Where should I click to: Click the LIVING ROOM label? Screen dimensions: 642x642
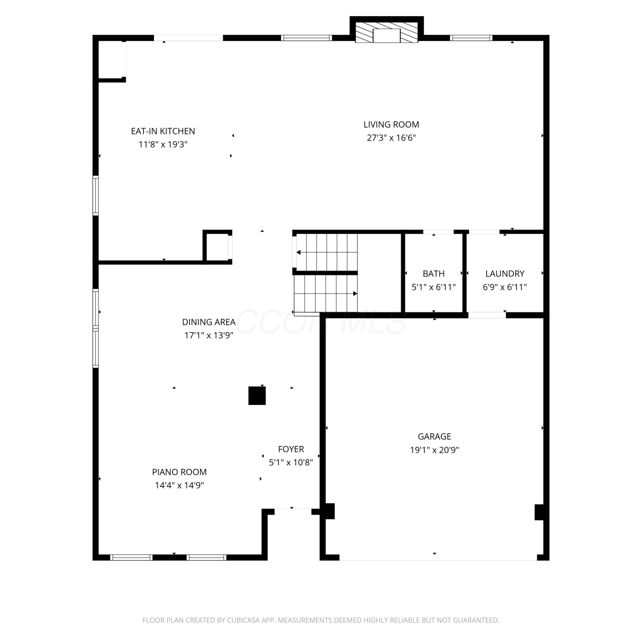(x=391, y=125)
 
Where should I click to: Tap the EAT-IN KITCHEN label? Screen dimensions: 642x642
(x=163, y=131)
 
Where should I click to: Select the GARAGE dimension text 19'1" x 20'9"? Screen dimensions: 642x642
(x=434, y=450)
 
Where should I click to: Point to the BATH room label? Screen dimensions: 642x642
(x=434, y=273)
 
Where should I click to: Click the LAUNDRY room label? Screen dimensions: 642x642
(x=505, y=273)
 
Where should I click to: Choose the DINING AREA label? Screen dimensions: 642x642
(x=209, y=322)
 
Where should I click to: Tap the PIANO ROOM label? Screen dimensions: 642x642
(x=179, y=472)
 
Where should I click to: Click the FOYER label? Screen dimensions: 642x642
(x=291, y=449)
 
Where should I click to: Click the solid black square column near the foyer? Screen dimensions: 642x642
(x=257, y=395)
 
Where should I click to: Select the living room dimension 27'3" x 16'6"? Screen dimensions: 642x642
(x=391, y=138)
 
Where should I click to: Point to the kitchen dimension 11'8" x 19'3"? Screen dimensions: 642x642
(x=163, y=144)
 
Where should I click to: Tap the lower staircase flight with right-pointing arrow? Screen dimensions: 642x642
(x=326, y=294)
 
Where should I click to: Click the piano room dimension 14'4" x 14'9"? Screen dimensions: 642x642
(x=179, y=485)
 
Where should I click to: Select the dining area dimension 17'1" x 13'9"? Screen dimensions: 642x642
(x=209, y=335)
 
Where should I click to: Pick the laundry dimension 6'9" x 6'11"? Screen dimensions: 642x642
(x=505, y=287)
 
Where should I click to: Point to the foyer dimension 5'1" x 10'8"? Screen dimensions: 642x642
(x=291, y=462)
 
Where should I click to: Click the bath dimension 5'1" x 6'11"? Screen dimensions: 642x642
(x=434, y=287)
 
